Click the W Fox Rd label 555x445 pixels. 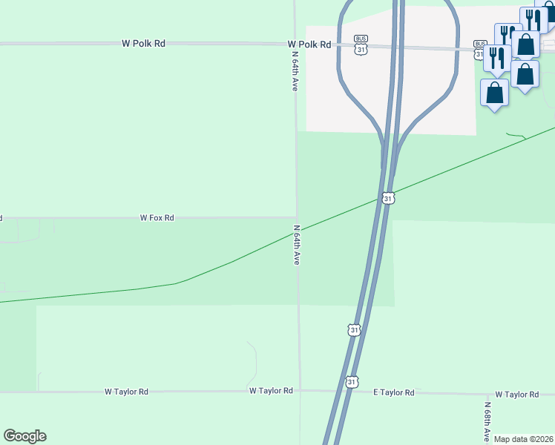(157, 218)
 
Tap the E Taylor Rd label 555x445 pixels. (393, 392)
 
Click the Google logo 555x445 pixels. (24, 436)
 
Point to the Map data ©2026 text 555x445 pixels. (524, 439)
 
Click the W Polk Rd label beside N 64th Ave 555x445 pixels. (309, 44)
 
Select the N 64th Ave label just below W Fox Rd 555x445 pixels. (296, 245)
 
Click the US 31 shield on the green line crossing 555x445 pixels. (388, 198)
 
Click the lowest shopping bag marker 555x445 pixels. (495, 93)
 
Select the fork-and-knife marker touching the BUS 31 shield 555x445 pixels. (497, 57)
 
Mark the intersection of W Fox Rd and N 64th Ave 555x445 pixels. (297, 218)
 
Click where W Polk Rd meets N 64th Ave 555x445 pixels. (295, 44)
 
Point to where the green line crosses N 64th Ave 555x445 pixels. (298, 232)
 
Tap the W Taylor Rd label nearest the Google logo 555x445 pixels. (126, 391)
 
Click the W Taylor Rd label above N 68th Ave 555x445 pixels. (517, 395)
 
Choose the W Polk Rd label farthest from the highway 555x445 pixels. (143, 44)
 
